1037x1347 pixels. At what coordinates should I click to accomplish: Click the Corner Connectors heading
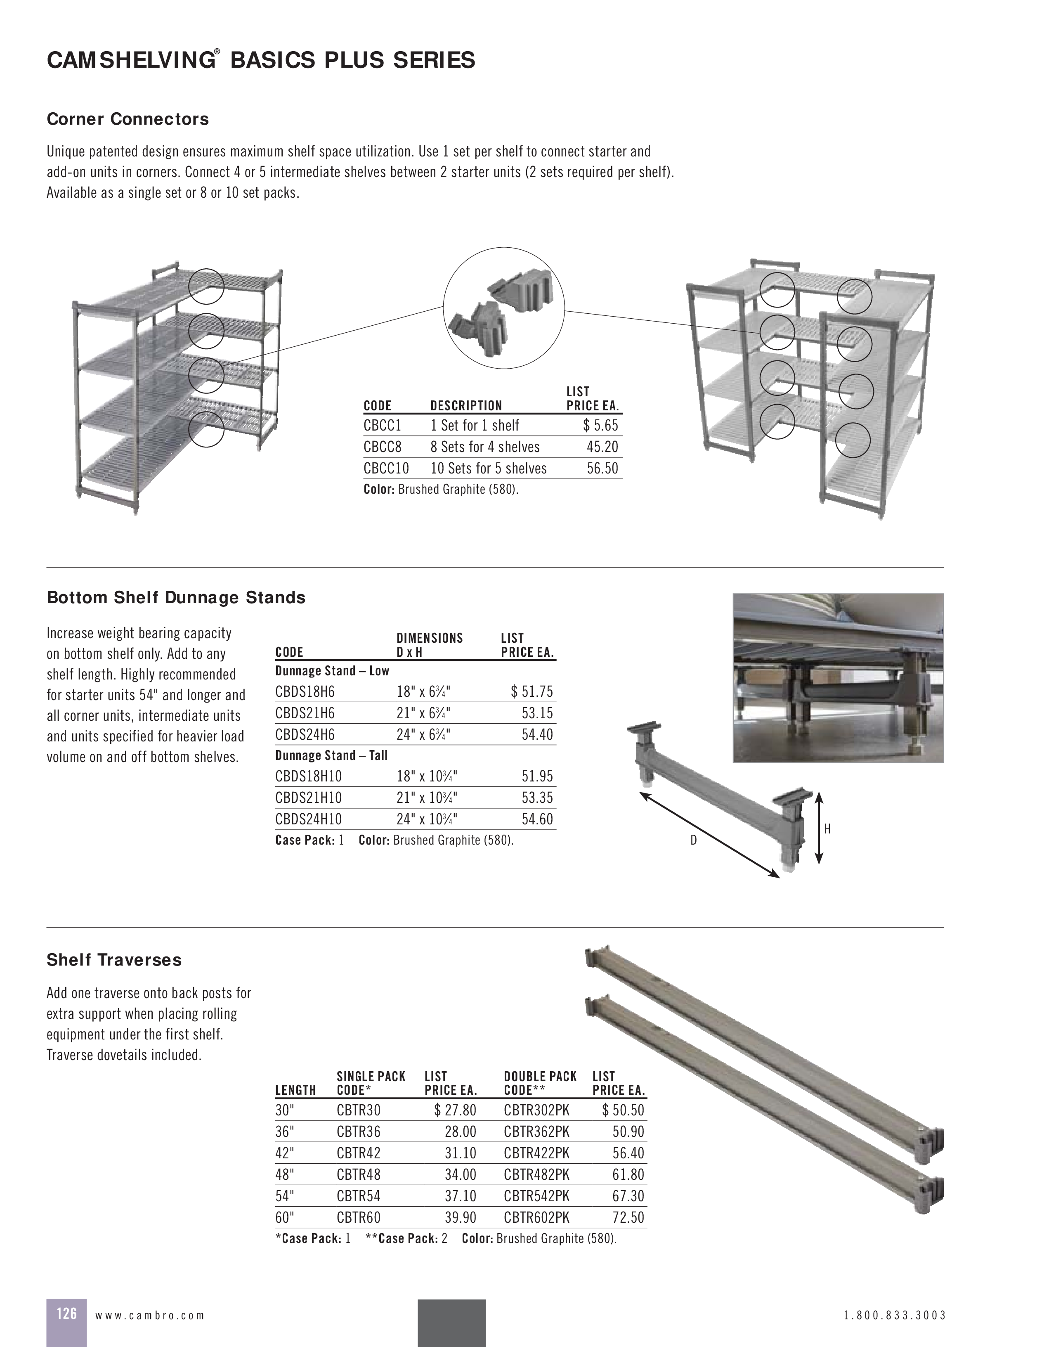[128, 119]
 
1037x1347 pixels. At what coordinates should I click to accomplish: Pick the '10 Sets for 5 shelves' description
[488, 468]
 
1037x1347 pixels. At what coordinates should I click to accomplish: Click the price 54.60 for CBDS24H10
[537, 819]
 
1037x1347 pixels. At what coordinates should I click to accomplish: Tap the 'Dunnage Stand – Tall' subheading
[331, 755]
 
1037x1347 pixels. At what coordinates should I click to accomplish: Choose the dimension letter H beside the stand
[827, 829]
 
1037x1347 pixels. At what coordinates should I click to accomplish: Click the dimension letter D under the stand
[693, 840]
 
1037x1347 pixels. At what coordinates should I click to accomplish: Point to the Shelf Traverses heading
[114, 960]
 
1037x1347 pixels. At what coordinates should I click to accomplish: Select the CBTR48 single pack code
[358, 1174]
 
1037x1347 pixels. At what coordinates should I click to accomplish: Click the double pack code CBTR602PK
[536, 1217]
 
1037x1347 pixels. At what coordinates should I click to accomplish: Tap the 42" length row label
[285, 1153]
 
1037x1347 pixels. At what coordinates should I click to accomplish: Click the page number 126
[66, 1313]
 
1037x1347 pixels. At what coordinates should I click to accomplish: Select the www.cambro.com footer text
[149, 1315]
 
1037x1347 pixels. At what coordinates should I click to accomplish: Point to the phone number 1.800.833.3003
[894, 1315]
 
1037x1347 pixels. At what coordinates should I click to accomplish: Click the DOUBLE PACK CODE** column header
[539, 1083]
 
